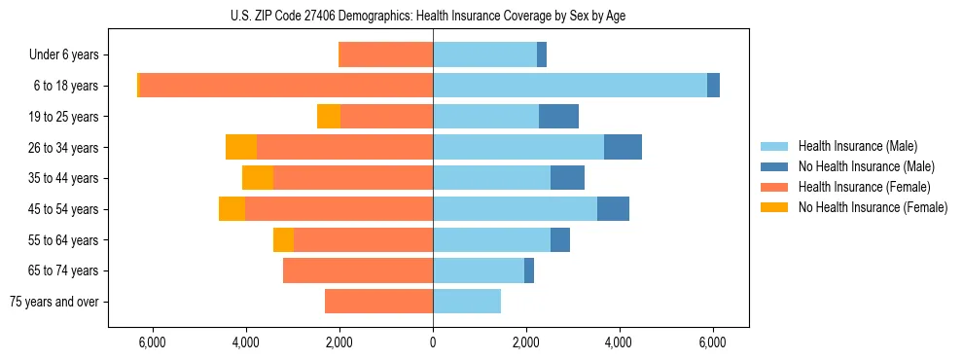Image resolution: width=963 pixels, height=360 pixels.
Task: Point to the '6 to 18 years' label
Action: (65, 86)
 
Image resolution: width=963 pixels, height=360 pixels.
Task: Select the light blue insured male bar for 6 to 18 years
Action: (570, 86)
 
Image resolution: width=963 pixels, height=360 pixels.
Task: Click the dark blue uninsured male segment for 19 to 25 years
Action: (558, 117)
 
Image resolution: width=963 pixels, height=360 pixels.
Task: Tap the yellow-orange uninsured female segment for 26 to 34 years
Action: (241, 147)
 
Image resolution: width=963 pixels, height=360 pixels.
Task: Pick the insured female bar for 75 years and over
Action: (378, 302)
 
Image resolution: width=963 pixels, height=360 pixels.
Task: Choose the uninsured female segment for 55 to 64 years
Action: (283, 240)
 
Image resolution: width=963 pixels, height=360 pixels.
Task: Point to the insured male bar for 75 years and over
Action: (467, 302)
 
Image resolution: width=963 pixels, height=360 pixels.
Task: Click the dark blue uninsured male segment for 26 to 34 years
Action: (623, 147)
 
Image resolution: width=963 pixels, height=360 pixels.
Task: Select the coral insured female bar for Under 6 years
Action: (385, 55)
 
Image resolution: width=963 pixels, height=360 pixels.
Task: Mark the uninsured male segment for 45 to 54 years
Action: (613, 209)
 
